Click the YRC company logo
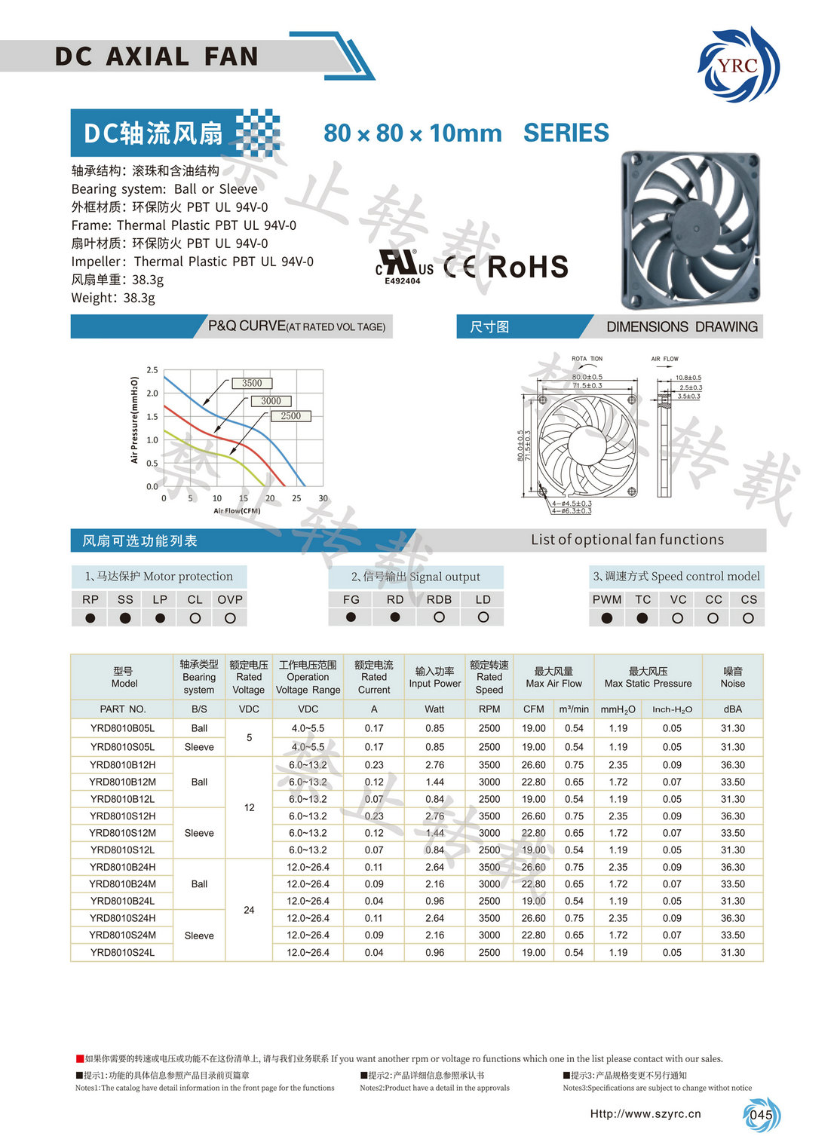(738, 65)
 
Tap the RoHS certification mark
(528, 267)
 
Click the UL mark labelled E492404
(404, 268)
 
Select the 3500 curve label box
(252, 383)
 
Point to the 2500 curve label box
(290, 415)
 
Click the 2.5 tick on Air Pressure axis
(152, 370)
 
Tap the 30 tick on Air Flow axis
(323, 498)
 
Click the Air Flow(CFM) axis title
(237, 511)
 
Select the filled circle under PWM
(607, 618)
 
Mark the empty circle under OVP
(230, 618)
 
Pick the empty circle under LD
(483, 617)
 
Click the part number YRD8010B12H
(122, 764)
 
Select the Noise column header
(732, 677)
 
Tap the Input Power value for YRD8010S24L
(434, 952)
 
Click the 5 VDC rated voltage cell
(249, 737)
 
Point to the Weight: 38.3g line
(113, 298)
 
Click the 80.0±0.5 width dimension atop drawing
(587, 377)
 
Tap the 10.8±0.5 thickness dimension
(688, 378)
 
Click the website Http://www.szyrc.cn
(645, 1113)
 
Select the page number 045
(761, 1115)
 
